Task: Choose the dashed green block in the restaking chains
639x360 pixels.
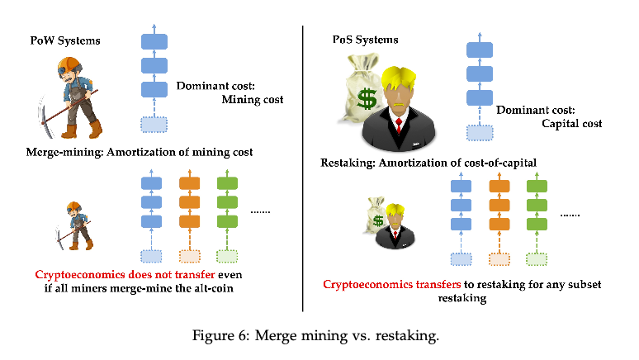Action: [537, 258]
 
